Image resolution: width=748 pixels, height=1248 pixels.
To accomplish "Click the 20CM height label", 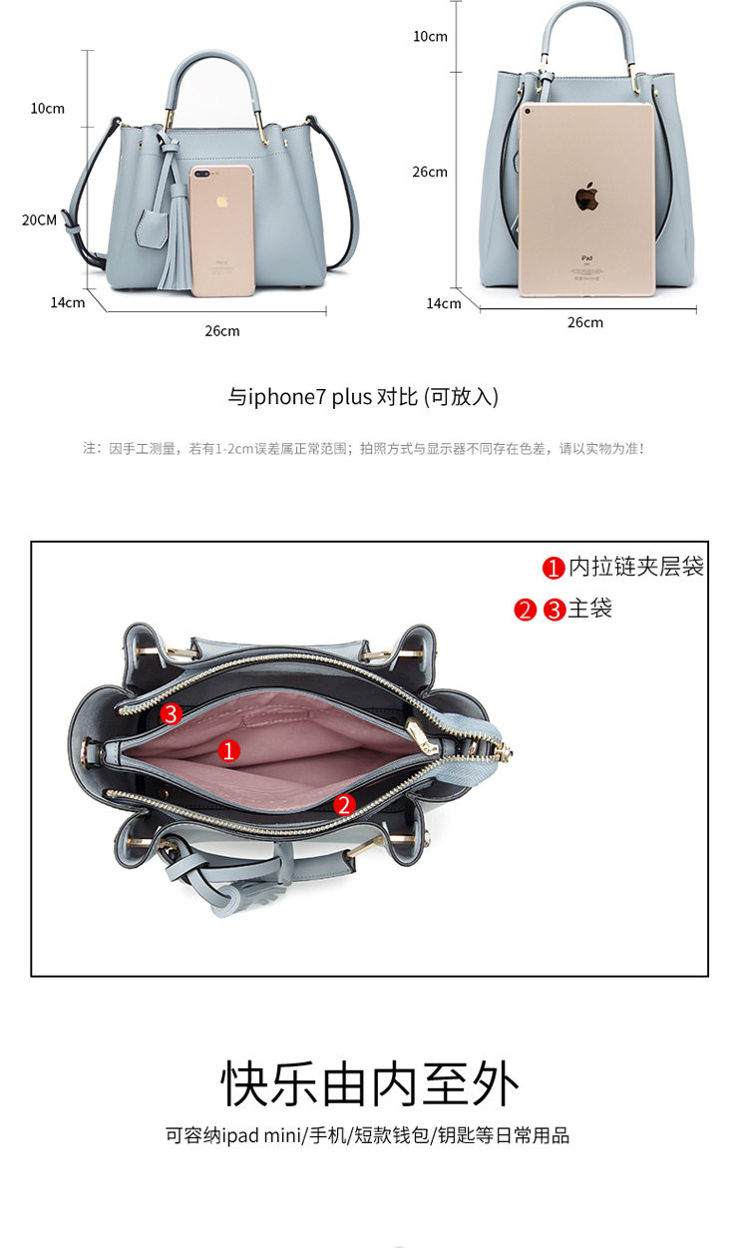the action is [40, 220].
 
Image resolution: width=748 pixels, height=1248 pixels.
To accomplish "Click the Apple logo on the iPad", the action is [585, 198].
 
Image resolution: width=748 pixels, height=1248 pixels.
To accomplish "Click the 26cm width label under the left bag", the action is [222, 331].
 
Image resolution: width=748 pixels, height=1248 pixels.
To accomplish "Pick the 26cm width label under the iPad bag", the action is [585, 322].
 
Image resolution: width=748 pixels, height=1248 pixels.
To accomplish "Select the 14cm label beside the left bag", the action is [68, 302].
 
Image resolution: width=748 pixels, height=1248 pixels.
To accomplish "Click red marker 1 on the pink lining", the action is [229, 750].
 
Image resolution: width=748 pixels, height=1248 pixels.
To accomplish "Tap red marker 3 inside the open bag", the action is [172, 713].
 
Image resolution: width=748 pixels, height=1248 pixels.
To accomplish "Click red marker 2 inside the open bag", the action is [344, 804].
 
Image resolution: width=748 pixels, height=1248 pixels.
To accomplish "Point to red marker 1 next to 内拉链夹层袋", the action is [554, 568].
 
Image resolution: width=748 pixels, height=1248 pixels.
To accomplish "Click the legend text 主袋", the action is [589, 609].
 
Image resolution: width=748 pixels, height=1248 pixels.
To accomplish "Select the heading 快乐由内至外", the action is [370, 1084].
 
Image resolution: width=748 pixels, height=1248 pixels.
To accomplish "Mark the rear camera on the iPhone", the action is [204, 176].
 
